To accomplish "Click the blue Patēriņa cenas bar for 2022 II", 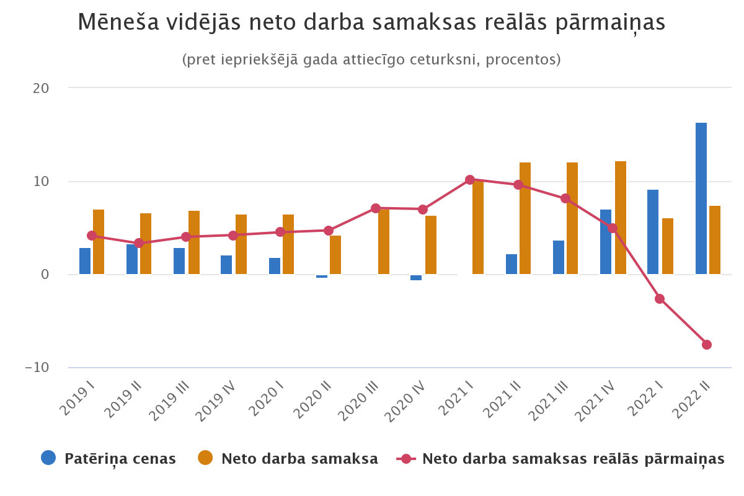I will pos(701,198).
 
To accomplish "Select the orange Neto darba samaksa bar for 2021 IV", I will pos(620,217).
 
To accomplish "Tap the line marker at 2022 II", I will pos(707,345).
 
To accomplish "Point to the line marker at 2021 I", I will pos(470,180).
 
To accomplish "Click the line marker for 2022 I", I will pos(660,299).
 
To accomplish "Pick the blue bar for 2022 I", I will pos(653,232).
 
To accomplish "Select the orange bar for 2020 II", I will pos(335,255).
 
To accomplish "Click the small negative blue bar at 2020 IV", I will pos(416,278).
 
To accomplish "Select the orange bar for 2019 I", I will pos(99,242).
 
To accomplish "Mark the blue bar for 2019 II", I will pos(132,259).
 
